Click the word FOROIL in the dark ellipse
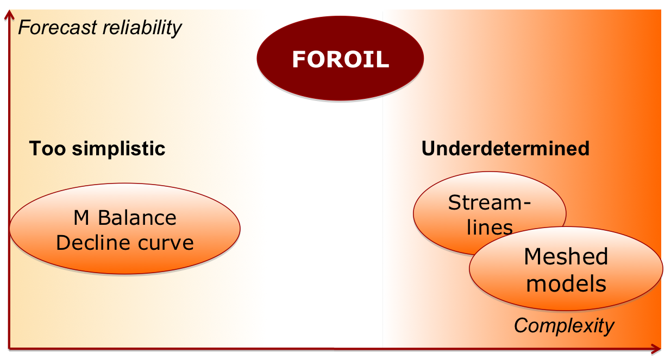pyautogui.click(x=341, y=59)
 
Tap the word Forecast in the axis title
pyautogui.click(x=58, y=27)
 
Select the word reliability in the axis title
pyautogui.click(x=142, y=28)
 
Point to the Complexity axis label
pyautogui.click(x=564, y=326)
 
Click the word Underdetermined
pyautogui.click(x=505, y=148)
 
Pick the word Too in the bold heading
pyautogui.click(x=47, y=148)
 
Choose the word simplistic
pyautogui.click(x=118, y=149)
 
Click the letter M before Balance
pyautogui.click(x=81, y=218)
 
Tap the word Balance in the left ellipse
pyautogui.click(x=137, y=218)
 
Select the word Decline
pyautogui.click(x=92, y=243)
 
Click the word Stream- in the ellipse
pyautogui.click(x=490, y=203)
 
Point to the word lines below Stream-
pyautogui.click(x=490, y=228)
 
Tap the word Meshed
pyautogui.click(x=566, y=256)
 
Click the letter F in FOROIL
pyautogui.click(x=300, y=59)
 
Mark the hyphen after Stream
pyautogui.click(x=526, y=204)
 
